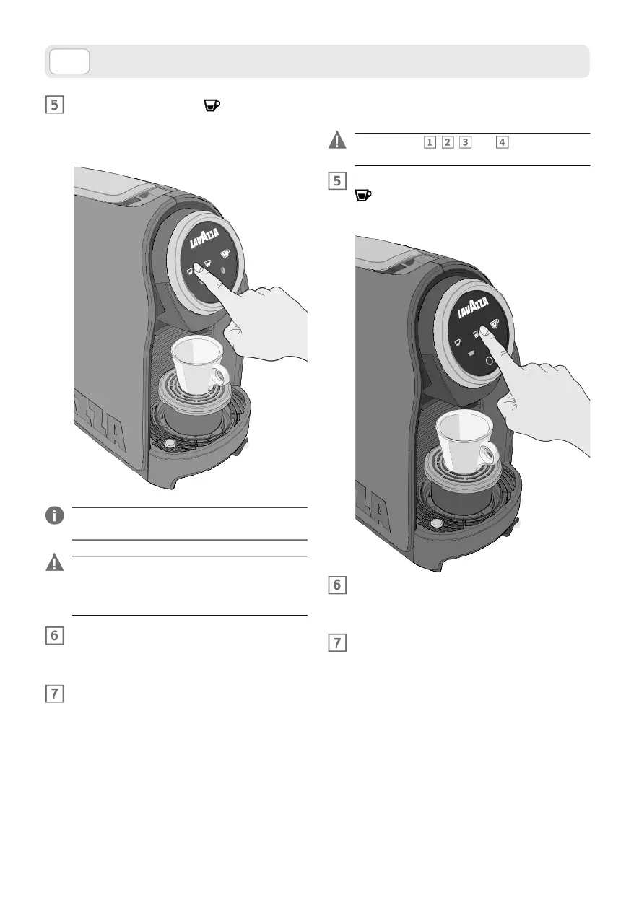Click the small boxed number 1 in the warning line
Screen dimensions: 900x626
[430, 142]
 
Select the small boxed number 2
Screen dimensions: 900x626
[448, 142]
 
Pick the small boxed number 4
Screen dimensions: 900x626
[503, 142]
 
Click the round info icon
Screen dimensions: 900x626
[55, 515]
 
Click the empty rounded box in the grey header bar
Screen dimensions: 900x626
[69, 61]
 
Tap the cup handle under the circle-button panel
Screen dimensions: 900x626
[490, 454]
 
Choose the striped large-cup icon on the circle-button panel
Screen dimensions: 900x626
[495, 325]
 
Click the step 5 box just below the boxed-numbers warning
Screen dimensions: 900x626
[337, 180]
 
